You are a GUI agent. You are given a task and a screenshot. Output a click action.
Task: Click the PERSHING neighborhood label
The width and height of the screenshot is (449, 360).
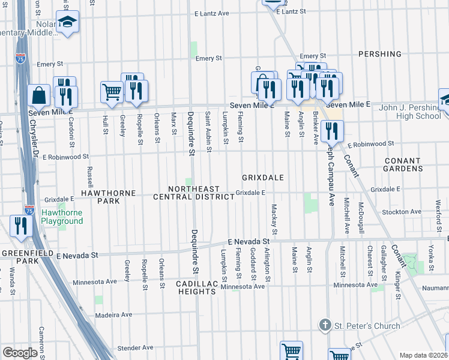click(379, 54)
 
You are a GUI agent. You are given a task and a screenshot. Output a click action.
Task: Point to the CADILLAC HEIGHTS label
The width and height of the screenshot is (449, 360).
click(196, 287)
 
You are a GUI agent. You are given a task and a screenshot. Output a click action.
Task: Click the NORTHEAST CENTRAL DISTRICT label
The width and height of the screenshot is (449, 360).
click(193, 193)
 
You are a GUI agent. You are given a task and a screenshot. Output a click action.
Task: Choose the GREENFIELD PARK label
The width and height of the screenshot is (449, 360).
click(19, 257)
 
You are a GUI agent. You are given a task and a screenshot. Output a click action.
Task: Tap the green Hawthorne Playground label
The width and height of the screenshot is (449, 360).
click(62, 217)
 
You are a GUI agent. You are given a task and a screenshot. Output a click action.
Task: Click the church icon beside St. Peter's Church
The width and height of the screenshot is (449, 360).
click(325, 326)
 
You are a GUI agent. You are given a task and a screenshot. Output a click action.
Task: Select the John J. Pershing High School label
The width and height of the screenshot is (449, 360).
click(411, 112)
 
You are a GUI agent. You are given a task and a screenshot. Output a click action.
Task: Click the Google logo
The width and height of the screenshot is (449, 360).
click(20, 352)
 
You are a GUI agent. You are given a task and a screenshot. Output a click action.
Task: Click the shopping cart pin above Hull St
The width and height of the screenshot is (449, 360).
click(112, 92)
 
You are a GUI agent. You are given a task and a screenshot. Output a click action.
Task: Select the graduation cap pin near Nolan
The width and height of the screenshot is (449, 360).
click(68, 23)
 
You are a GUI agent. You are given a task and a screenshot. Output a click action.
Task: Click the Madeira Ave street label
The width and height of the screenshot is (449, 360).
click(113, 314)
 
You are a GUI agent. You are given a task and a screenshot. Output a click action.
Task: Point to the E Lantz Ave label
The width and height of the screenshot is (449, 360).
click(211, 13)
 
